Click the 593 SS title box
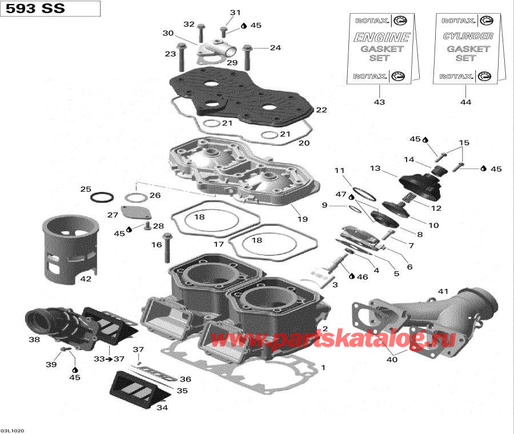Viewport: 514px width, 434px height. click(50, 9)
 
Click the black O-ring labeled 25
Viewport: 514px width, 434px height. click(102, 197)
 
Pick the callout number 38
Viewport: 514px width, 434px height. click(34, 339)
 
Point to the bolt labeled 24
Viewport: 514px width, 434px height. click(247, 55)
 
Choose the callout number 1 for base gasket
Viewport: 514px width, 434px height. click(323, 367)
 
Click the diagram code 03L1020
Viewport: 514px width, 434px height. click(12, 429)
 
